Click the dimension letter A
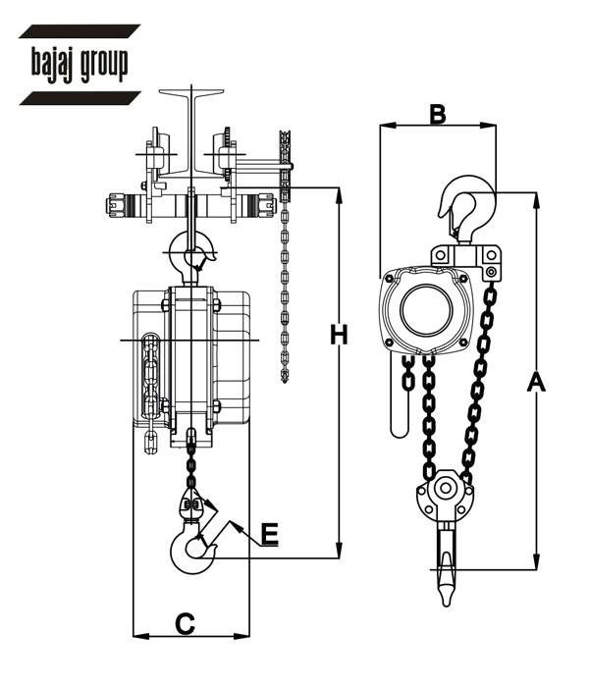click(x=536, y=381)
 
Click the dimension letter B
click(x=438, y=114)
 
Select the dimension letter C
click(x=185, y=624)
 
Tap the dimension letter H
click(x=339, y=335)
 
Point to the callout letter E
click(x=270, y=535)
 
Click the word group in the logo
click(x=104, y=65)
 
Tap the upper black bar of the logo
click(x=80, y=31)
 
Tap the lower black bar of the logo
click(x=80, y=98)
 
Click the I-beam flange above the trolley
click(x=191, y=93)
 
